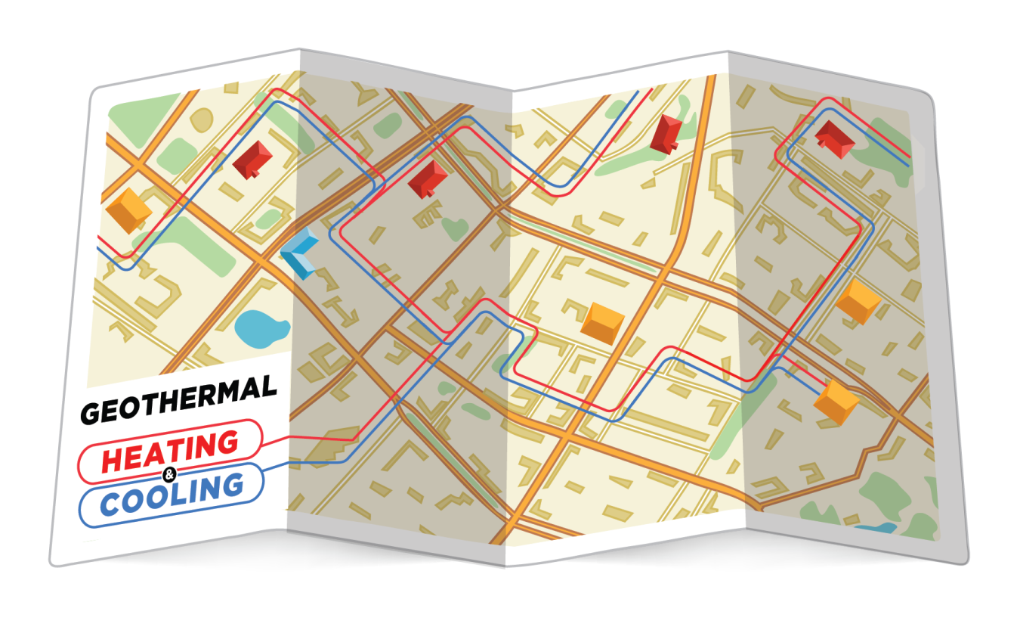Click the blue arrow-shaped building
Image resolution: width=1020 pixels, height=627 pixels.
(x=300, y=254)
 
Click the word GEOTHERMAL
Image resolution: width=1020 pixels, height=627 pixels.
(x=178, y=399)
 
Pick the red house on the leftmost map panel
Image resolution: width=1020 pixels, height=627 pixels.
(x=252, y=159)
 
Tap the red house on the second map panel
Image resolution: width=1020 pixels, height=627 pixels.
(x=428, y=178)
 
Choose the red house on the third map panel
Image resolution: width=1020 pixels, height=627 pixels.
(x=666, y=134)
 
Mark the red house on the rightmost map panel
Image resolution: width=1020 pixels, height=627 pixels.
(x=835, y=140)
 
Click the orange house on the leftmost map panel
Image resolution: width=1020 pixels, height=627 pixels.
(x=128, y=210)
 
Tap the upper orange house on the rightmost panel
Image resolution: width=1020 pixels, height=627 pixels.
(x=859, y=300)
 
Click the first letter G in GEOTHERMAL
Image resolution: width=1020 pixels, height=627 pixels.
(x=91, y=412)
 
